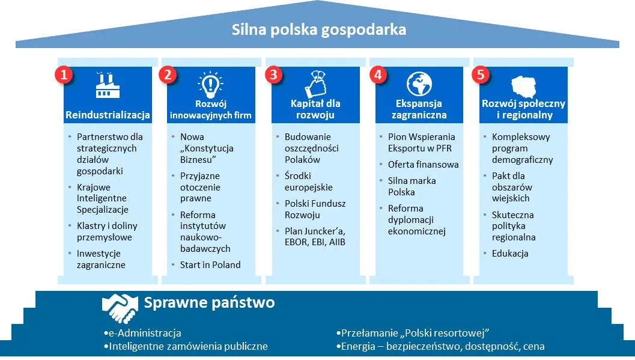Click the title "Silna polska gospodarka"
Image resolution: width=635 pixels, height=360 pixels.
[x=318, y=29]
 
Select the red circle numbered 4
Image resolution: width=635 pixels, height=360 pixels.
[x=377, y=75]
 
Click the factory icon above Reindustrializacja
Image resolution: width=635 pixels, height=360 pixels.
[x=108, y=85]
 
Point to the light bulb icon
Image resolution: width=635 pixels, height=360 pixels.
[x=210, y=84]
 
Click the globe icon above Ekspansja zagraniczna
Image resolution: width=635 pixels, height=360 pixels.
[x=419, y=84]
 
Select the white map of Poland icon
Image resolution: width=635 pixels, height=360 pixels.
[x=523, y=85]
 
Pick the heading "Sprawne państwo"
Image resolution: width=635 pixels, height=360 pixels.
[x=209, y=302]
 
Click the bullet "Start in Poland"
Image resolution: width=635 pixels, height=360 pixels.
[x=210, y=264]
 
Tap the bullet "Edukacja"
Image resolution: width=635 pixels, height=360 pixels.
[x=510, y=253]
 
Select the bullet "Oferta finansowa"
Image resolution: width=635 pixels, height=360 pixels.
[x=423, y=164]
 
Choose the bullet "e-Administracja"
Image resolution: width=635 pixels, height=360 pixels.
[x=145, y=333]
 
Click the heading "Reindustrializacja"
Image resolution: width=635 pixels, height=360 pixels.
[x=108, y=115]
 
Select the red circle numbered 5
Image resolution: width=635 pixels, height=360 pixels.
[x=481, y=75]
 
